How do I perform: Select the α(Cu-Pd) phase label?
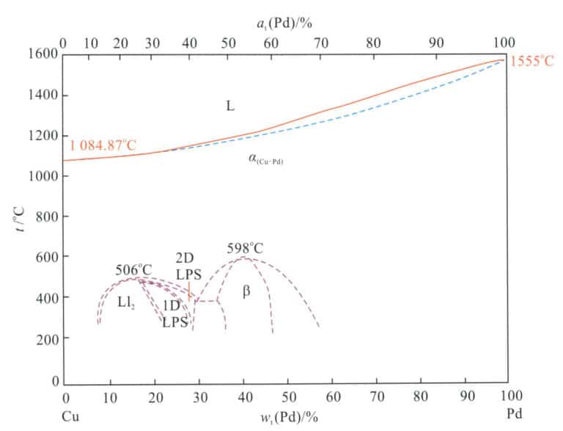tap(266, 159)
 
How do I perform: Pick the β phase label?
tap(246, 292)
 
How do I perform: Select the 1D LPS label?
tap(174, 314)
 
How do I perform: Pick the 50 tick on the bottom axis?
tap(287, 398)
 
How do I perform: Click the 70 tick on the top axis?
tap(321, 43)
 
